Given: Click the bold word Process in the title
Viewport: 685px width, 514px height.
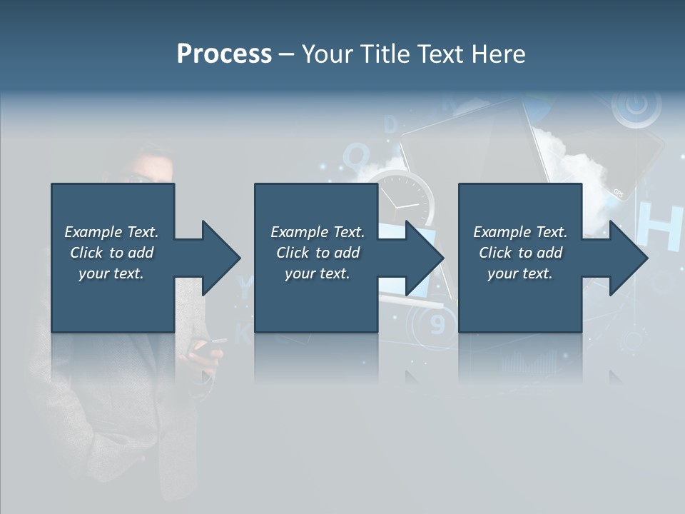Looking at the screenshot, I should pos(224,54).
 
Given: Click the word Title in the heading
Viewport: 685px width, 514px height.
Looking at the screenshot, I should pos(386,54).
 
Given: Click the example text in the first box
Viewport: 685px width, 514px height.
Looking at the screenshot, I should pos(111,253).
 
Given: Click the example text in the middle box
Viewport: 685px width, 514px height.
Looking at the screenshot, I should pos(317,253).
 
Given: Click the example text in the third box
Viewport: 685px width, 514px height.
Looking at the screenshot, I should pos(520,253).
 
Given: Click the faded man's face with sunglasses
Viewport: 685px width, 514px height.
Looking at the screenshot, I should pos(151,171).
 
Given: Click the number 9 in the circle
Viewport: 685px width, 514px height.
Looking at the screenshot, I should pos(438,325).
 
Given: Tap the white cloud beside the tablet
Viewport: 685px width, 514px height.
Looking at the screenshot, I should pos(579,168).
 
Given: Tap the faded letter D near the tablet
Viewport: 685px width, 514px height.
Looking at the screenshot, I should pos(390,126).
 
